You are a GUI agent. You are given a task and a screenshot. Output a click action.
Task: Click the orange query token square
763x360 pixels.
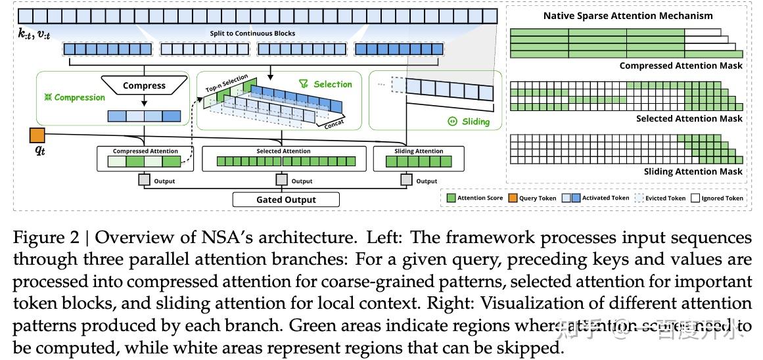click(37, 136)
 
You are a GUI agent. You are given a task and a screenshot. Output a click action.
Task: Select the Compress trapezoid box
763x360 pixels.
click(144, 85)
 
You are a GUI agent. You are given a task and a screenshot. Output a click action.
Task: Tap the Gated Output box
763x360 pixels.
click(286, 200)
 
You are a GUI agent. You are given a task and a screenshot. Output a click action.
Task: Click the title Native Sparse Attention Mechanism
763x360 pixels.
click(628, 16)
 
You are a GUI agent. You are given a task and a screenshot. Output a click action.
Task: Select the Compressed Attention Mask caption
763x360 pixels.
click(680, 66)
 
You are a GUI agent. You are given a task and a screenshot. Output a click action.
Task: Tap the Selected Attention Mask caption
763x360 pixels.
click(689, 119)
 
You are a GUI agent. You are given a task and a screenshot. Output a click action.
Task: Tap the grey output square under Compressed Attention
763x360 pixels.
click(144, 181)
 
